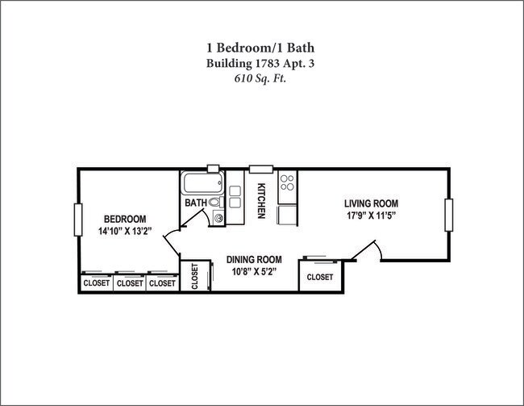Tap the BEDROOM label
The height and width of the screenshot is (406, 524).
coord(125,220)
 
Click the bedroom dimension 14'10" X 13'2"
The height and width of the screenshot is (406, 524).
coord(125,231)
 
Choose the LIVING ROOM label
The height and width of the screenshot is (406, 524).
coord(371,203)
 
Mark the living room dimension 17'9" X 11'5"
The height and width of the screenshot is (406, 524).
coord(371,216)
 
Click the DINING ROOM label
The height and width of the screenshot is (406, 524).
coord(254,259)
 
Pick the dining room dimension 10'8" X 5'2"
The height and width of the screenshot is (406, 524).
coord(254,271)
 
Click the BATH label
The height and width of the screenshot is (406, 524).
coord(196,203)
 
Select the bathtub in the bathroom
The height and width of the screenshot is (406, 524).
coord(202,183)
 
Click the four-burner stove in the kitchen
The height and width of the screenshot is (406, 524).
coord(287,185)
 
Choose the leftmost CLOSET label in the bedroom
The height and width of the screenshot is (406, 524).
coord(97,283)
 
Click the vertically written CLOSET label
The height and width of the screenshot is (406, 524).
coord(194,276)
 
